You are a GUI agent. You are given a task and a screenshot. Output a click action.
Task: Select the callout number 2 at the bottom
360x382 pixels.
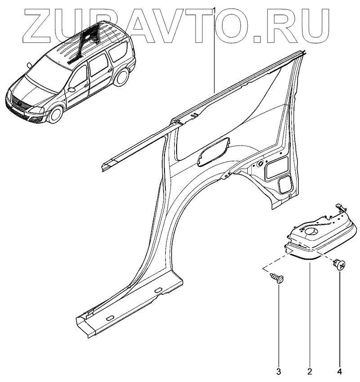[x=309, y=371]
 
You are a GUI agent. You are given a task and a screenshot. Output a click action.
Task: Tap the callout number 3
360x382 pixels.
[x=279, y=371]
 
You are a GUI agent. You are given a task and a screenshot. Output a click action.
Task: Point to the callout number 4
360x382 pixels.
[x=339, y=371]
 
